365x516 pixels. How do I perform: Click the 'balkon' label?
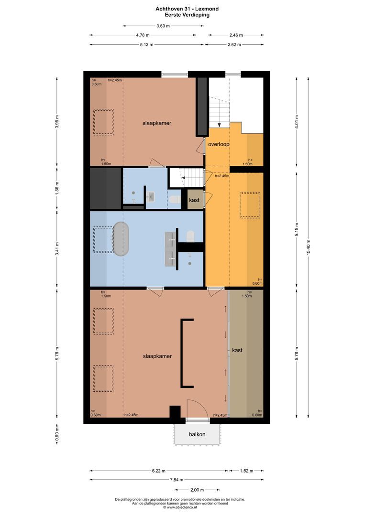click(x=197, y=434)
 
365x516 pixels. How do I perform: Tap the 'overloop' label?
click(x=219, y=144)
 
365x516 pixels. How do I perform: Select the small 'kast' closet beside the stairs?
click(x=194, y=200)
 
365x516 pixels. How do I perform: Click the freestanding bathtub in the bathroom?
click(x=121, y=238)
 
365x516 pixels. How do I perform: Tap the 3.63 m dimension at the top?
click(x=163, y=26)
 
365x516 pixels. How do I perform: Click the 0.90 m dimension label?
click(x=57, y=435)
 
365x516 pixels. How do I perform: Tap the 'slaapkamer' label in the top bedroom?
click(x=156, y=123)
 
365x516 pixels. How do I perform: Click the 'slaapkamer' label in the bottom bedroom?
click(x=157, y=356)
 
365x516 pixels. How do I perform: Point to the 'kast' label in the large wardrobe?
click(x=237, y=350)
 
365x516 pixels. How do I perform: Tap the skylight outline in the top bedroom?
click(x=103, y=122)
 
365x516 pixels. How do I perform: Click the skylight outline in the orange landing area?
click(x=250, y=205)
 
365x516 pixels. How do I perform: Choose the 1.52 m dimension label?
click(x=246, y=471)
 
